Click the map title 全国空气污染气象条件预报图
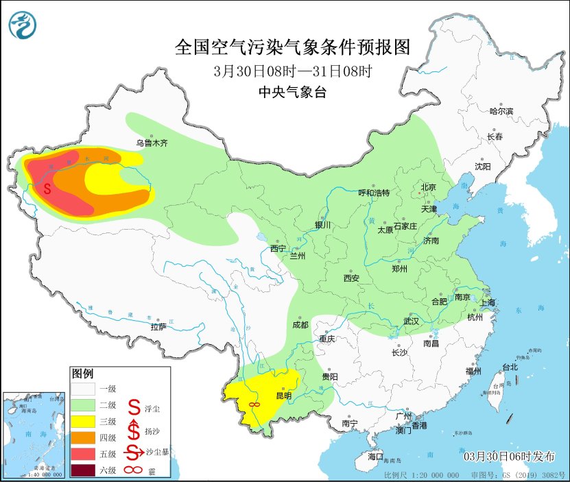click(x=292, y=47)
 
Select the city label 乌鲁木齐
click(x=151, y=143)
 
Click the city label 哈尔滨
click(x=501, y=110)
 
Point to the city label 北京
click(x=428, y=186)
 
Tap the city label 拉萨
click(x=158, y=327)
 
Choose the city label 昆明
click(x=283, y=396)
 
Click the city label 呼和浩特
click(x=375, y=193)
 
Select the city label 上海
click(x=488, y=302)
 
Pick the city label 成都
click(x=300, y=324)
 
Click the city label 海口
click(x=375, y=456)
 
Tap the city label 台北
click(x=509, y=367)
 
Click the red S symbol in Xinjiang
click(x=47, y=188)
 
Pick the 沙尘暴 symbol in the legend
click(x=134, y=453)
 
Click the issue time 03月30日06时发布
click(x=510, y=456)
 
